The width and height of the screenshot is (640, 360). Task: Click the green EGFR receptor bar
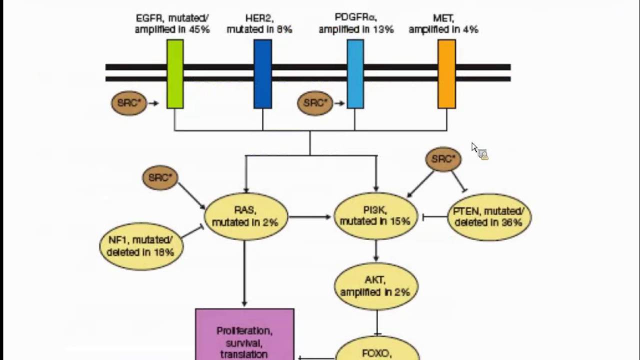pos(175,74)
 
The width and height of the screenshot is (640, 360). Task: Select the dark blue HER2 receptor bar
pos(262,74)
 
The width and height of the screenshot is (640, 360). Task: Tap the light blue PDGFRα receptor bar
pos(355,74)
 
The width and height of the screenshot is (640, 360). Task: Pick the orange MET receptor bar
pos(446,74)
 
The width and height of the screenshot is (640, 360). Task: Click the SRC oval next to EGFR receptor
pos(129,103)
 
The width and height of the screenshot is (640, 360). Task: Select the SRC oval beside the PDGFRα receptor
pos(315,103)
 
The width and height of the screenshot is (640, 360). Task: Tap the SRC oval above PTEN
pos(443,159)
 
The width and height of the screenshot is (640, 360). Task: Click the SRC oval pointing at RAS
pos(160,178)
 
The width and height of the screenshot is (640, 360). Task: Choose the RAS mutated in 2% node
pos(245,216)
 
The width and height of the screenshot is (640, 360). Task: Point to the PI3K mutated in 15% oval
pos(375,216)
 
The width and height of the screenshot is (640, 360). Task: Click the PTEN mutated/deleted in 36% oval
pos(489,217)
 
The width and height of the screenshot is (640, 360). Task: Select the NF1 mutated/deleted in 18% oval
pos(141,246)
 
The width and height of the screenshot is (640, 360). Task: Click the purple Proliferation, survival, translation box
pos(244,335)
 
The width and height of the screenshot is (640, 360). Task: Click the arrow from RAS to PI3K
pos(310,217)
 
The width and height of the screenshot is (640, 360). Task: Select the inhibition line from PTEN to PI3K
pos(434,217)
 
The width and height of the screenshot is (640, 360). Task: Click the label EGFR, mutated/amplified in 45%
pos(172,24)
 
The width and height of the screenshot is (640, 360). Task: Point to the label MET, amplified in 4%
pos(443,24)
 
